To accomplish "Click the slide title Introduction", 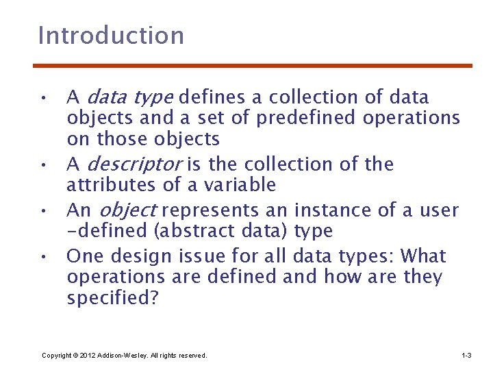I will pyautogui.click(x=111, y=36).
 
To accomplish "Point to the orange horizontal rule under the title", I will pyautogui.click(x=253, y=66).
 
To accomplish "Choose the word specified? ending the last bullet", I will pyautogui.click(x=112, y=299).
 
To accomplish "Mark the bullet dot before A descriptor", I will pyautogui.click(x=43, y=166).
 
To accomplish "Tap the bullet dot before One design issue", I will pyautogui.click(x=43, y=258).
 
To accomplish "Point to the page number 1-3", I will pyautogui.click(x=466, y=356).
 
